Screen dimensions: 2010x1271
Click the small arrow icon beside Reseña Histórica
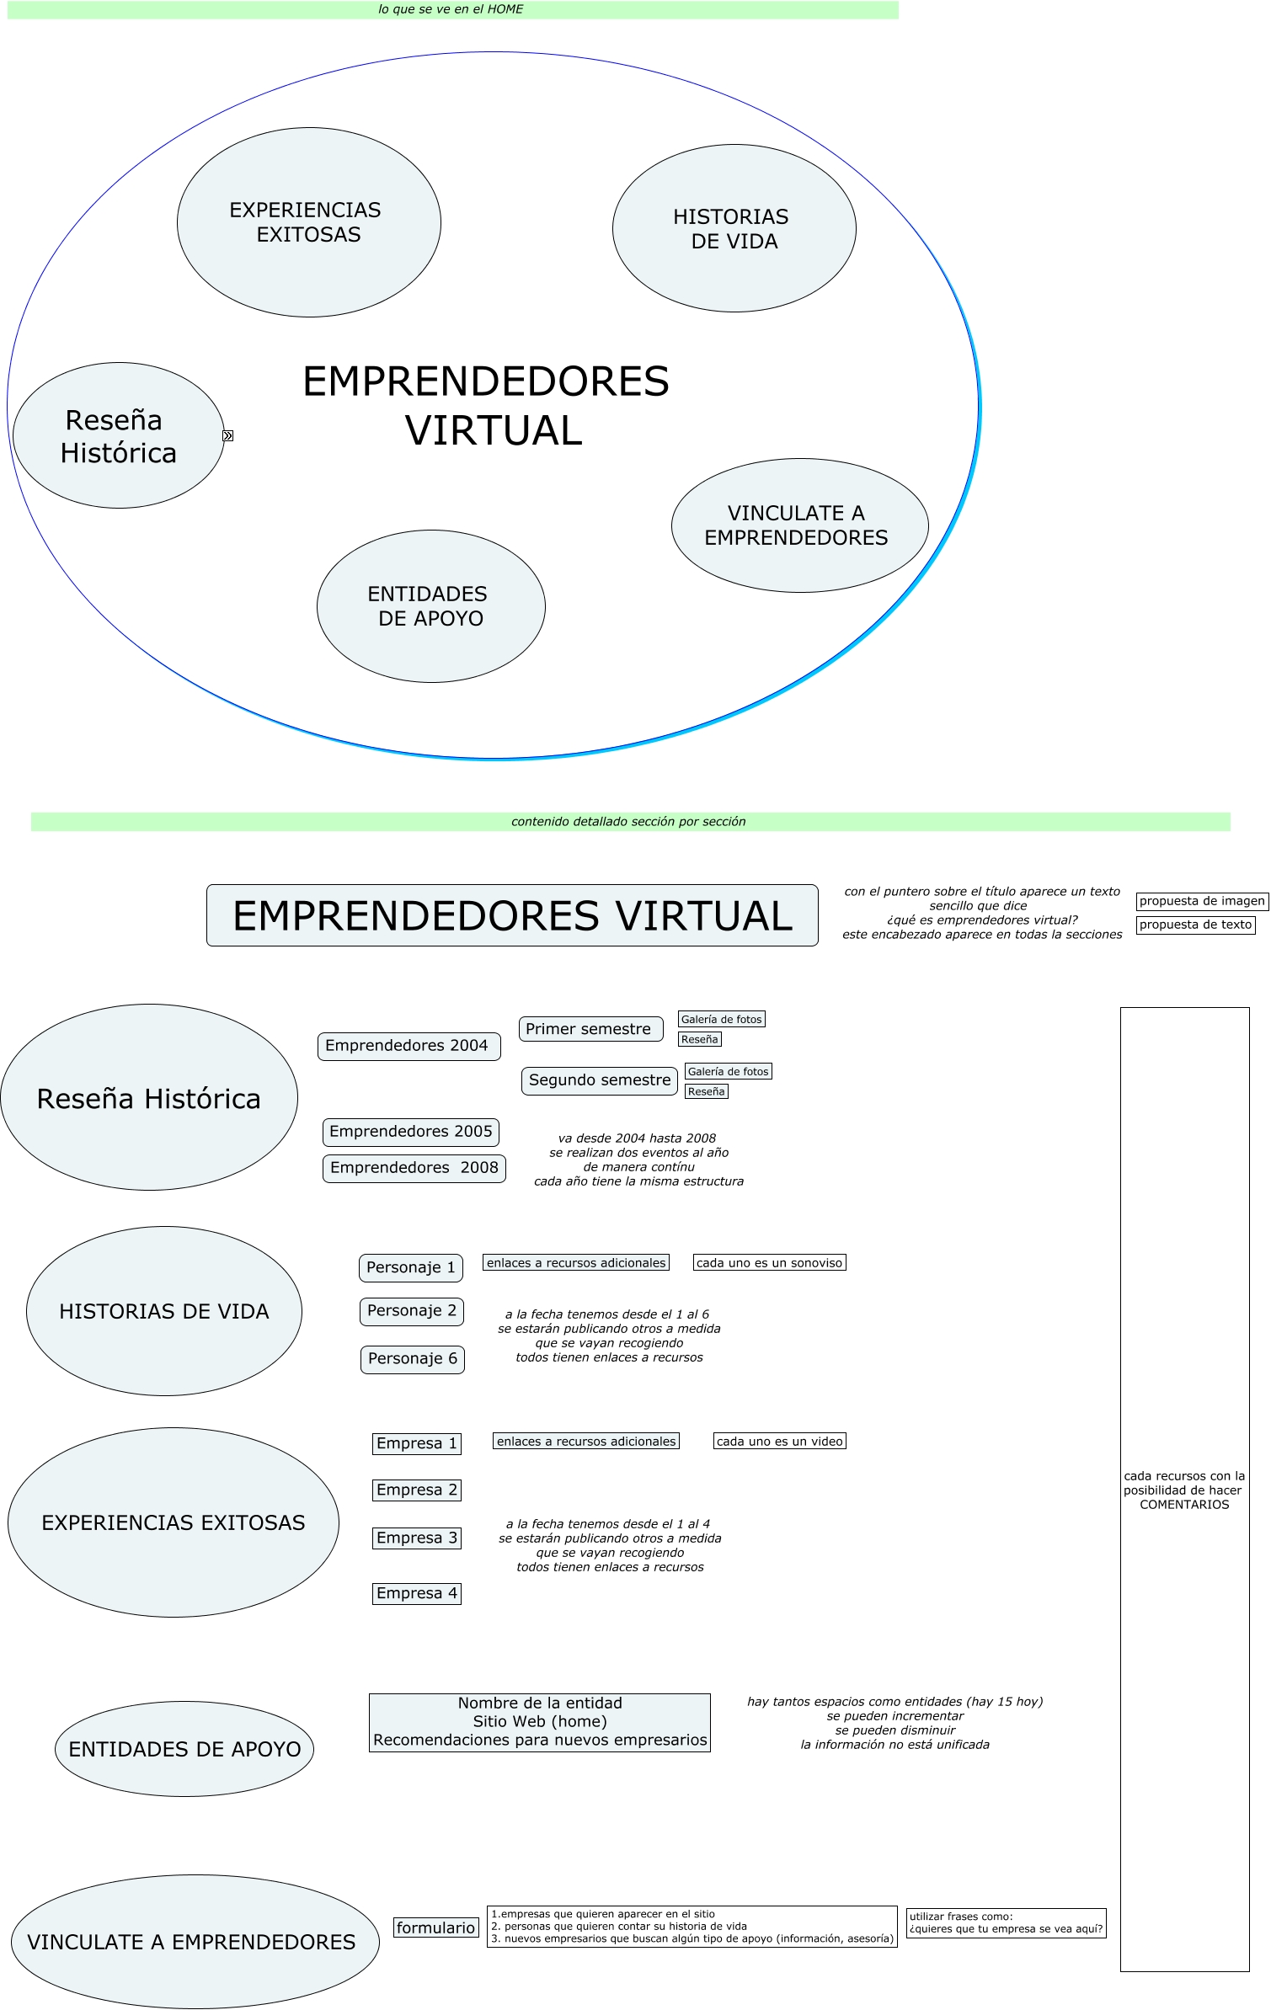(x=227, y=435)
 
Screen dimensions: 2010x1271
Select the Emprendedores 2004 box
(x=409, y=1046)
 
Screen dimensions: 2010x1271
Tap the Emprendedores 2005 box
(x=411, y=1132)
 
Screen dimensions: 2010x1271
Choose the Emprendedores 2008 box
(x=414, y=1168)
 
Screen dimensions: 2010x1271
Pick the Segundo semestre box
(x=599, y=1080)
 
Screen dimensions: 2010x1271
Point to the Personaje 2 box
(x=411, y=1311)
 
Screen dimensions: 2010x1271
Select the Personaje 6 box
(x=412, y=1359)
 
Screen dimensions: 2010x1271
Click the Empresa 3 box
(x=416, y=1538)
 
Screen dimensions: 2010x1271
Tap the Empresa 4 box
(x=416, y=1593)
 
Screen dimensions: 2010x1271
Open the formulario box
(x=435, y=1927)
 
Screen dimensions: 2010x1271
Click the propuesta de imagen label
(x=1201, y=901)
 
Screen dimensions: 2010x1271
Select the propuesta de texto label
(x=1195, y=925)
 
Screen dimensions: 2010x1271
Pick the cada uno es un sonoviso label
(x=769, y=1263)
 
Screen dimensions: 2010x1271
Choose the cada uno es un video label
(x=779, y=1442)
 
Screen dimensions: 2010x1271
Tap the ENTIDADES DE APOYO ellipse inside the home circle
(x=430, y=606)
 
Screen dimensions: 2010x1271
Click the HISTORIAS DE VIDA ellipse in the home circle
(x=734, y=229)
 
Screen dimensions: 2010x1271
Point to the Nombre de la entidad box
(x=539, y=1722)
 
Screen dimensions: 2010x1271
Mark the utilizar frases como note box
(x=1006, y=1923)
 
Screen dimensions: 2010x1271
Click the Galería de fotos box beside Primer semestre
(x=721, y=1020)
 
